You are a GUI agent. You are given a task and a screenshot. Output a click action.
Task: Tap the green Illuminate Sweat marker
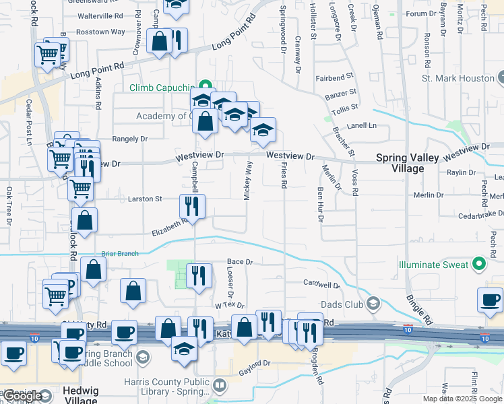(479, 264)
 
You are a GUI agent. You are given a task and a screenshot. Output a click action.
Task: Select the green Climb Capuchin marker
(201, 88)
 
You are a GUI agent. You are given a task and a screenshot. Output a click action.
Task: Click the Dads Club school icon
(373, 304)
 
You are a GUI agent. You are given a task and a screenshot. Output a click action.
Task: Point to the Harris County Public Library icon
(219, 386)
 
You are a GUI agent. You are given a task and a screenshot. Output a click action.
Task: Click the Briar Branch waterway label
(119, 254)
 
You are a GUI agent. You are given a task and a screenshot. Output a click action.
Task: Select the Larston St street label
(146, 199)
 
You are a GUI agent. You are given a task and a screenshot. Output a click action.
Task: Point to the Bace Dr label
(239, 262)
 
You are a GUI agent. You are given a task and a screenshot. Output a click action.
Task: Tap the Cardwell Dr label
(321, 283)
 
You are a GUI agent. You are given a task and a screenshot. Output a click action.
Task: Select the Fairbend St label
(334, 77)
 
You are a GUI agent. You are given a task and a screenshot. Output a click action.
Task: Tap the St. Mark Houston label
(458, 78)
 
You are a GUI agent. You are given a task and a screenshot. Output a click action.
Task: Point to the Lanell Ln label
(361, 126)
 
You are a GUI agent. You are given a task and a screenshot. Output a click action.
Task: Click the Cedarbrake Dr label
(476, 217)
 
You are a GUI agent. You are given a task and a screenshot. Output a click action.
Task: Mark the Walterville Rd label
(100, 15)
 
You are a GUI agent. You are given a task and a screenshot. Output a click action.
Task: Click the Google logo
(22, 397)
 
